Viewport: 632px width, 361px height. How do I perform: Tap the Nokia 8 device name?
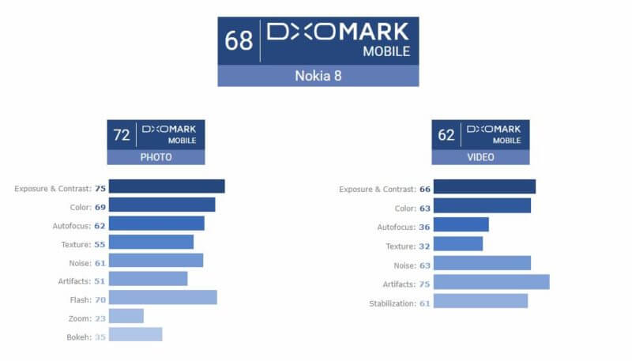(318, 76)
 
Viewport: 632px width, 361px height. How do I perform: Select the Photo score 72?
(122, 134)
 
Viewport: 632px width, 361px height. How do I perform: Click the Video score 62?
(446, 134)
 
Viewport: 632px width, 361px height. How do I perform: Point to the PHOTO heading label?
(156, 157)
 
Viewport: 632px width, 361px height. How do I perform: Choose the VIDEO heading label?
(480, 157)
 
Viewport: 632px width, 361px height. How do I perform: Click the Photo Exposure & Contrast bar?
(166, 186)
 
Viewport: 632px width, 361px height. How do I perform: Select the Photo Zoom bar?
(126, 316)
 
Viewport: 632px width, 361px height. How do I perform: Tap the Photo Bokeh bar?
(135, 334)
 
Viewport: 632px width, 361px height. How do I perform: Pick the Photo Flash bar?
(162, 297)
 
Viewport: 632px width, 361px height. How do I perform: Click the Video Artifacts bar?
(491, 282)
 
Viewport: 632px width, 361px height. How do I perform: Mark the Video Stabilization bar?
(480, 301)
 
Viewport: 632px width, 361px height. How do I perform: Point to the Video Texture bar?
(457, 244)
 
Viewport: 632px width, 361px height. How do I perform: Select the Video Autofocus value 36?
(424, 227)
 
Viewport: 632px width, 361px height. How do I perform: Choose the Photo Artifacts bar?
(148, 279)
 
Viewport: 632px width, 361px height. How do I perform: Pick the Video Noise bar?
(482, 263)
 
